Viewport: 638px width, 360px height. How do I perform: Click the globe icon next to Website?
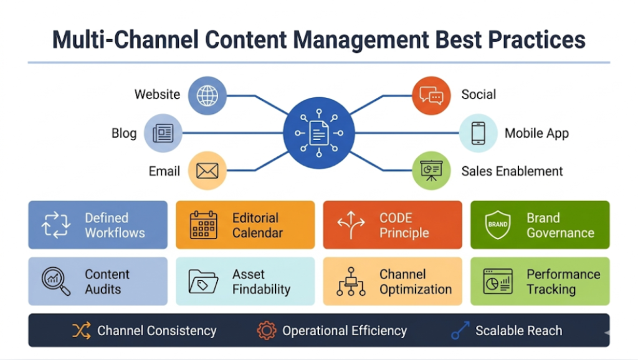(207, 95)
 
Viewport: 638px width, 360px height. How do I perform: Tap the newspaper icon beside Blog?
(163, 133)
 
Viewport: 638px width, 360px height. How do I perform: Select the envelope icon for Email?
(207, 171)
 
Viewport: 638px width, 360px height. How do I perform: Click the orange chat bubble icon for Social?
(431, 95)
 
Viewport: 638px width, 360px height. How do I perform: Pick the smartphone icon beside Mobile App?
(478, 133)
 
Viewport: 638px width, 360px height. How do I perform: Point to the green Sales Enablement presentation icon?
(431, 171)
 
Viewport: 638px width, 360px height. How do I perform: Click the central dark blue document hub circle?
(319, 133)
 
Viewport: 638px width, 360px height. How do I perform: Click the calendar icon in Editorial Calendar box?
(204, 225)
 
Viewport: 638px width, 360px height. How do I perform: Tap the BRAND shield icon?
(498, 225)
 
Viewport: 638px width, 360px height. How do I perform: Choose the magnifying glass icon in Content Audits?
(55, 282)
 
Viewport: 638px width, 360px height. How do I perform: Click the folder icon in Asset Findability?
(203, 282)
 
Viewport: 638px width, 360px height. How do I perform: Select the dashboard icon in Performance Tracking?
(498, 282)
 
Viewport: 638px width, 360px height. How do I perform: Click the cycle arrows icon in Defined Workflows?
(56, 225)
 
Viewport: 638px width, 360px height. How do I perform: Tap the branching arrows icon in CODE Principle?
(351, 225)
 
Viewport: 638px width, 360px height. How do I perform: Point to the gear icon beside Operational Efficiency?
(267, 331)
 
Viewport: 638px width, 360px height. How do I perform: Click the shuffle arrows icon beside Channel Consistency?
(82, 331)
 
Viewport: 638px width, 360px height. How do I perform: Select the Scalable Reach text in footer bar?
(518, 331)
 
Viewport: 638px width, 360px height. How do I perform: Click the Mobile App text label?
(536, 133)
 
